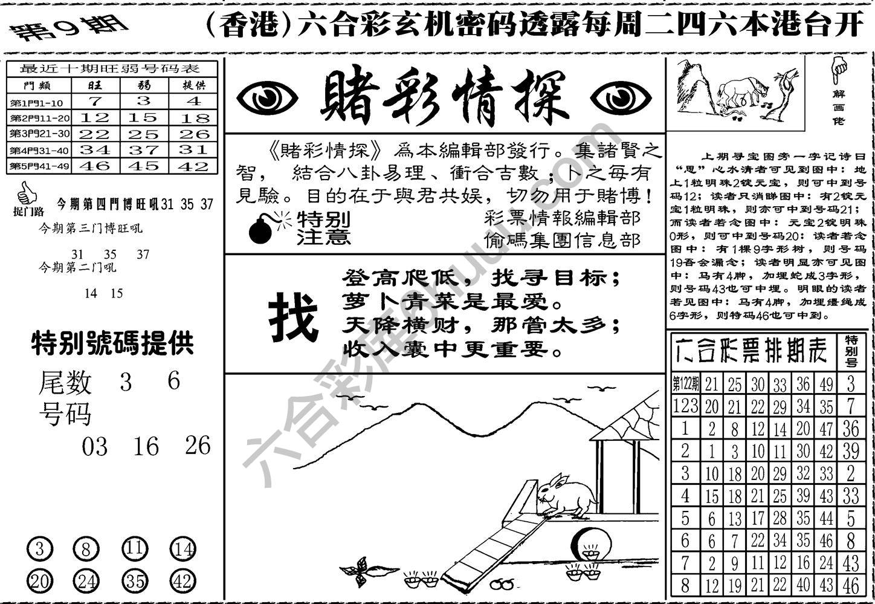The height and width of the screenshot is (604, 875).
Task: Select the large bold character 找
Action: click(x=293, y=317)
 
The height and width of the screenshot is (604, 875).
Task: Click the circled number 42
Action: click(x=182, y=582)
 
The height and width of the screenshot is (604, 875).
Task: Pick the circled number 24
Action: click(x=86, y=582)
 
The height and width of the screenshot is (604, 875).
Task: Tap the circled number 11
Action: click(x=135, y=549)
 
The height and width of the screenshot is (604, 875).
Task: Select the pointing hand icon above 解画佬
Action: click(x=838, y=70)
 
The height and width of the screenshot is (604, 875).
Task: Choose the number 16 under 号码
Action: click(x=146, y=447)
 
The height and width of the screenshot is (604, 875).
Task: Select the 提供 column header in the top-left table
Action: click(x=193, y=85)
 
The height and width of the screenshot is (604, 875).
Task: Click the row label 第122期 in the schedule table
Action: click(x=685, y=384)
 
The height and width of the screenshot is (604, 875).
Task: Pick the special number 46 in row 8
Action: click(x=851, y=585)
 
